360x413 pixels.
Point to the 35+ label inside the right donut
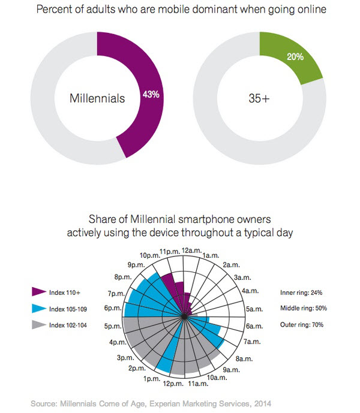[259, 98]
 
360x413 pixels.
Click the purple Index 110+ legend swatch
[40, 292]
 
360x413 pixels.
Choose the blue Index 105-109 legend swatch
[40, 309]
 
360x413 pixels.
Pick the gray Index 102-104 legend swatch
[40, 326]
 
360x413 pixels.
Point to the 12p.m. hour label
[172, 384]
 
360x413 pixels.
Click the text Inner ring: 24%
[301, 293]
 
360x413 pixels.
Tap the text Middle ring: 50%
[304, 309]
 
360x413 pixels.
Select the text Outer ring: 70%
[302, 325]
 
